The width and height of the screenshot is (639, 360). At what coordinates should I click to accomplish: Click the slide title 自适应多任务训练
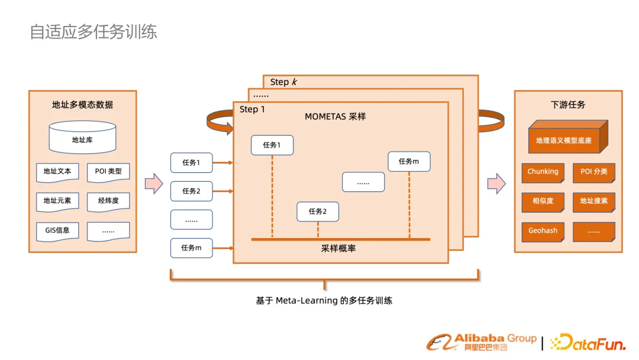[x=93, y=31]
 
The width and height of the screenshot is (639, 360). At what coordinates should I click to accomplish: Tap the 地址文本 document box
[x=57, y=172]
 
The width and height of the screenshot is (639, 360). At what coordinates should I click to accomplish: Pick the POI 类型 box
[x=108, y=172]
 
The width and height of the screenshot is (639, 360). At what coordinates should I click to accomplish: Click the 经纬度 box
[x=108, y=201]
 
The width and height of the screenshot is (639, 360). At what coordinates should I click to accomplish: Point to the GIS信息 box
[x=57, y=230]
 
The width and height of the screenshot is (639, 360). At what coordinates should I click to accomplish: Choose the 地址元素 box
[x=57, y=201]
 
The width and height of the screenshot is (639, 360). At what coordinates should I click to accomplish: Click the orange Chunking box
[x=543, y=172]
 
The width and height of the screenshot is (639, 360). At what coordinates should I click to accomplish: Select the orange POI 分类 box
[x=594, y=172]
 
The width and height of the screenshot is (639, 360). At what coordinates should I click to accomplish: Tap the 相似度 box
[x=543, y=201]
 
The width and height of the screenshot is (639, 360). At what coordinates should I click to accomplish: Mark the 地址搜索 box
[x=594, y=201]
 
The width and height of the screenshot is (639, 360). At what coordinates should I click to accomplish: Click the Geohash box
[x=543, y=231]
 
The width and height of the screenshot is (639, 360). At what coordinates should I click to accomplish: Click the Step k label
[x=283, y=82]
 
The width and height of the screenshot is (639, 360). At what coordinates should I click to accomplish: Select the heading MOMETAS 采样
[x=335, y=117]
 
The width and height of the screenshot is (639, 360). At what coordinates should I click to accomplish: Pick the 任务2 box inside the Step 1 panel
[x=318, y=211]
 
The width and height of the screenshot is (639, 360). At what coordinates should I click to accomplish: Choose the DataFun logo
[x=588, y=342]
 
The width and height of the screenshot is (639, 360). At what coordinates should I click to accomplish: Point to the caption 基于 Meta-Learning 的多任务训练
[x=324, y=300]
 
